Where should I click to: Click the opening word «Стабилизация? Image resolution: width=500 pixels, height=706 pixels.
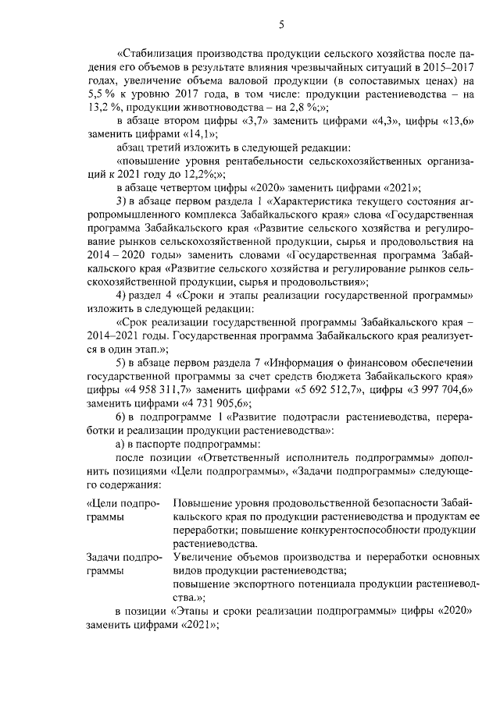[152, 54]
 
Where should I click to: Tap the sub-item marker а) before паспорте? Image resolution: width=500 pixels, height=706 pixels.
[122, 443]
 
